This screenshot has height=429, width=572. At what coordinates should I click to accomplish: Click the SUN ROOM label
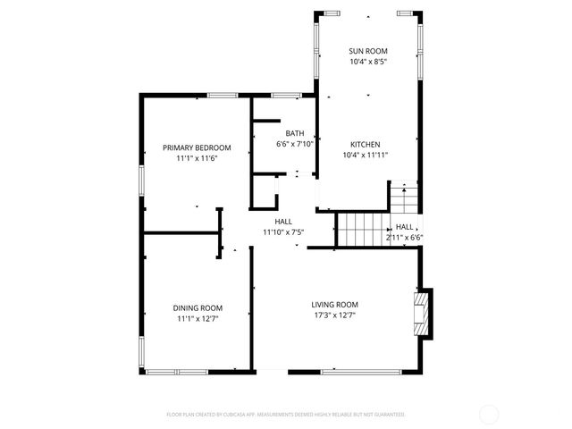[367, 51]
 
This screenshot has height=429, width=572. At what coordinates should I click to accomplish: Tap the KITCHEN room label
[366, 144]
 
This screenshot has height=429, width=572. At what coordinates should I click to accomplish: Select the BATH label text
[294, 133]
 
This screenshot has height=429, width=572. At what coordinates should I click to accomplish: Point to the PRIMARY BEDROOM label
[197, 147]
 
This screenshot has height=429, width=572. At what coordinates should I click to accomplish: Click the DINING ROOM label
[198, 307]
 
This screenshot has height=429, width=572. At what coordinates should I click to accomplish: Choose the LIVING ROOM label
[335, 304]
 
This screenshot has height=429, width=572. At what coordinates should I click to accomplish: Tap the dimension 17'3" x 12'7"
[335, 315]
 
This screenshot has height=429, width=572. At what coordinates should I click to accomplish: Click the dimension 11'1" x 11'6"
[197, 158]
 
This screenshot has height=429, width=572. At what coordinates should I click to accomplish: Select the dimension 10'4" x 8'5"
[367, 62]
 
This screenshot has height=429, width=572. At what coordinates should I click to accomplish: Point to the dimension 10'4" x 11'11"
[366, 155]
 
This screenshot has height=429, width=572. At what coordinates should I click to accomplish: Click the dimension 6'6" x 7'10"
[294, 144]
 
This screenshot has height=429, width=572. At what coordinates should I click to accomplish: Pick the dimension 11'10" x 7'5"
[283, 232]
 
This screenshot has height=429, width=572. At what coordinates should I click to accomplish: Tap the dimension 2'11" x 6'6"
[404, 238]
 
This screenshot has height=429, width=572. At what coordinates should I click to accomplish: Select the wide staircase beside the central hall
[360, 229]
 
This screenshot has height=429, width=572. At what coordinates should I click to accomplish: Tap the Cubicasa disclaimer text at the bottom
[286, 415]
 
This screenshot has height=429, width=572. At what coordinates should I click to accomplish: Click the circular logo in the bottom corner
[489, 414]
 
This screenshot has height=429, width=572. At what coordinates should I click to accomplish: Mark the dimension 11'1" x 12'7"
[198, 318]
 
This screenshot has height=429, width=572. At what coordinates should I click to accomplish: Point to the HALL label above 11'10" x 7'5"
[283, 222]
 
